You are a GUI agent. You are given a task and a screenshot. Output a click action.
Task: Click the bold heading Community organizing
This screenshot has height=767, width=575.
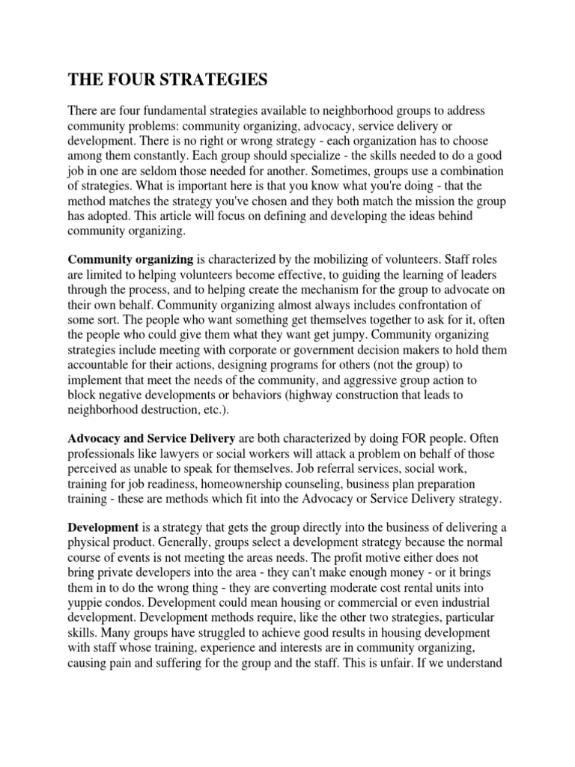131,260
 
